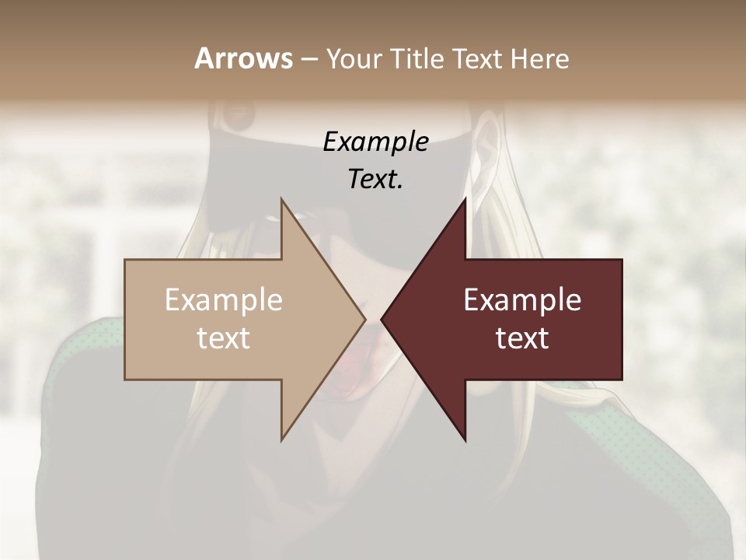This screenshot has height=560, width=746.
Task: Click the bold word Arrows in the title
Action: (243, 58)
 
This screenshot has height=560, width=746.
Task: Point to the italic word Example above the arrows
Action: (375, 142)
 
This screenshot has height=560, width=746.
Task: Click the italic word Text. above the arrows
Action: (375, 180)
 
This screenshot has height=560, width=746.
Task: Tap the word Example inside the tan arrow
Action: (223, 300)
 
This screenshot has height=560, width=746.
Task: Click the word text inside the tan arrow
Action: (223, 338)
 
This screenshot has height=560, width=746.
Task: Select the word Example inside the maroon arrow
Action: (522, 300)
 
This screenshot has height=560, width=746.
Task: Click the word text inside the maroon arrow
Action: (522, 338)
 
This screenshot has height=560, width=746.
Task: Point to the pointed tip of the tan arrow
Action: (364, 319)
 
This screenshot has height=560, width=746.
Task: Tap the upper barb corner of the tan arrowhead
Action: (282, 199)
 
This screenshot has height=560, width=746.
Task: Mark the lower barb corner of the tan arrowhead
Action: (282, 439)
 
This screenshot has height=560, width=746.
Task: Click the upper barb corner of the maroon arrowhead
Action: (465, 199)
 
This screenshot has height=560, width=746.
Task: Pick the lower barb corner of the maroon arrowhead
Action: (465, 439)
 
